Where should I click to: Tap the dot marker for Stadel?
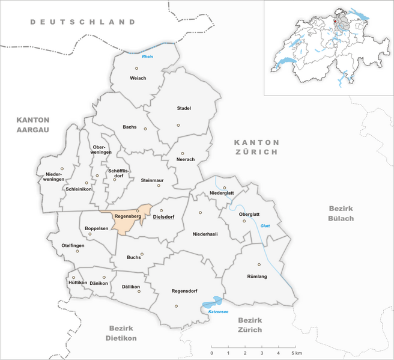click(x=178, y=125)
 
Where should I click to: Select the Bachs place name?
click(x=130, y=127)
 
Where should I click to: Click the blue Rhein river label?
click(x=147, y=56)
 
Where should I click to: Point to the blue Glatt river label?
click(x=265, y=225)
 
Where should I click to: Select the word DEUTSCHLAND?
click(x=83, y=22)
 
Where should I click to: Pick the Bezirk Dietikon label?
click(x=123, y=333)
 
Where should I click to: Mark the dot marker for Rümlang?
click(x=259, y=264)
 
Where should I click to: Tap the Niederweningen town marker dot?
click(x=62, y=169)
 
